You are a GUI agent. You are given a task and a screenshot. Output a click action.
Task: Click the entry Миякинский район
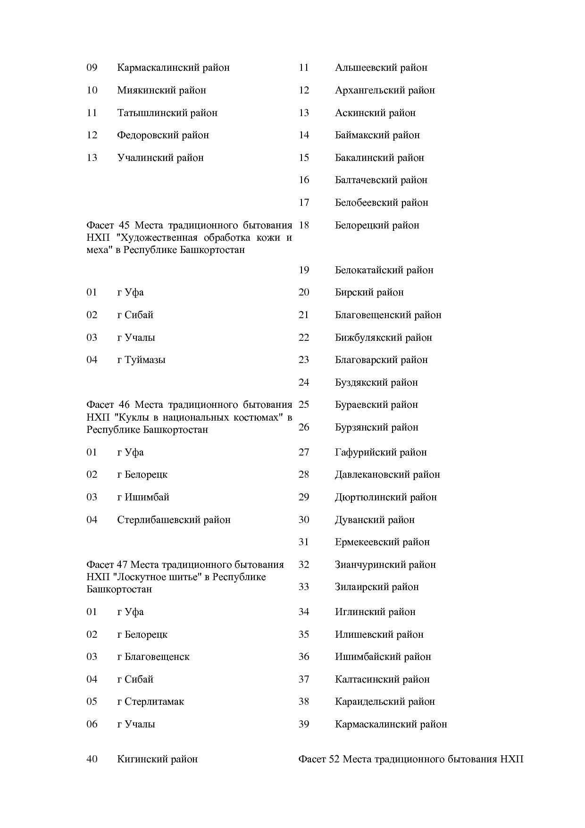coord(161,90)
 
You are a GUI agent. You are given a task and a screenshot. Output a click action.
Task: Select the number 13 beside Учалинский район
coord(92,158)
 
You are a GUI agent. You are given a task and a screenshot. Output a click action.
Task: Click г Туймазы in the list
coord(141,360)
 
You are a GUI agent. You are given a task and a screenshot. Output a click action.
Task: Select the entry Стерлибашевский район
coord(174,520)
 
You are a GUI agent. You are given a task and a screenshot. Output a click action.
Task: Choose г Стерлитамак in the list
coord(150,701)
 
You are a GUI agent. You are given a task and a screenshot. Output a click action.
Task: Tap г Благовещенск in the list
coord(153,657)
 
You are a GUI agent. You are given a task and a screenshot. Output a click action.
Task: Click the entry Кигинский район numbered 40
coord(157,760)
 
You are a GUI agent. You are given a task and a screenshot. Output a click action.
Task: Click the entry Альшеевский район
coord(381,68)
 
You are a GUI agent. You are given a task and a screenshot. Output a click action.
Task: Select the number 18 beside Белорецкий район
coord(304,225)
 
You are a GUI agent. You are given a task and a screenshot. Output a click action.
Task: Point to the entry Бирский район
coord(369,292)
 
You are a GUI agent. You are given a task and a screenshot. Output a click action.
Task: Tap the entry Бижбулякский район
coord(384,338)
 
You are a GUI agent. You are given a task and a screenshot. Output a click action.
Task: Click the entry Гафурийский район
coord(381,452)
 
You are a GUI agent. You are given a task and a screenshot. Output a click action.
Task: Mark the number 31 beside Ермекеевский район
coord(304,542)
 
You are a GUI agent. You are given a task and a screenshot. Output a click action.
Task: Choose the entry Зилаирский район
coord(377,587)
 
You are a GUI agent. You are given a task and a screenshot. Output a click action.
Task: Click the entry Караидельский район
coord(385,701)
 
